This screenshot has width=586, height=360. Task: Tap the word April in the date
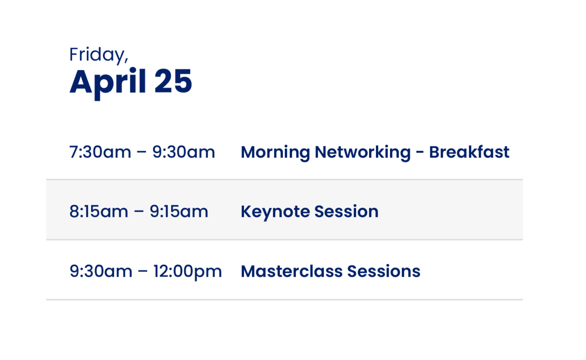[x=108, y=82]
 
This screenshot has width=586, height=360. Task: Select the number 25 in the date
[x=173, y=81]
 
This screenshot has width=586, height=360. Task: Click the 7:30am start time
[x=100, y=152]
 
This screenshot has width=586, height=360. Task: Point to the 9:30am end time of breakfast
[x=184, y=152]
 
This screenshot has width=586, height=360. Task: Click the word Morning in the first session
[x=275, y=152]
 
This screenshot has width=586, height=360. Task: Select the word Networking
[x=362, y=152]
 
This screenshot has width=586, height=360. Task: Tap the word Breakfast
[x=469, y=152]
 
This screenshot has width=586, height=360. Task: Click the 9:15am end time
[x=179, y=212]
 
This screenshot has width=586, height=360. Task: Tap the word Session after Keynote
[x=346, y=212]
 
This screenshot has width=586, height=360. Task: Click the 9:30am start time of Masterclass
[x=100, y=272]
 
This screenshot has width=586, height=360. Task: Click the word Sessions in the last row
[x=384, y=272]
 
